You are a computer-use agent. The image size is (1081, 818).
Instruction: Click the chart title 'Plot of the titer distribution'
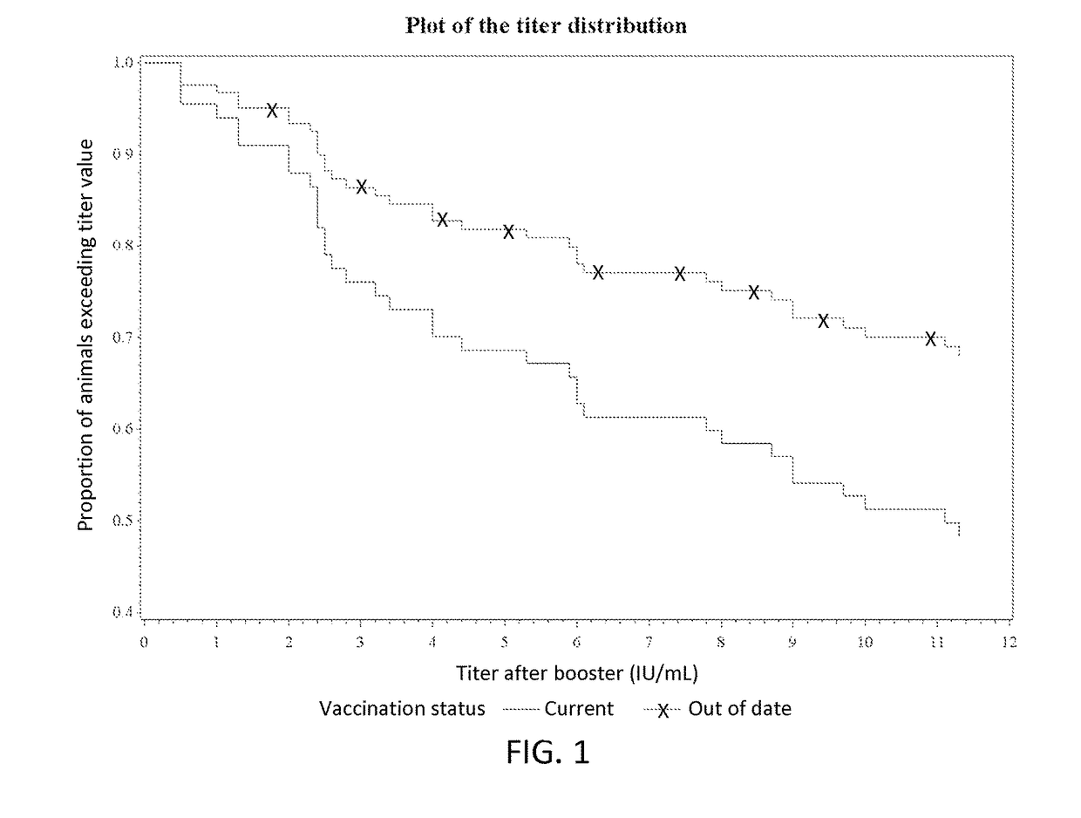point(546,25)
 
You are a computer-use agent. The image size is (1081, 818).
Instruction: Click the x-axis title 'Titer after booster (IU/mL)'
point(576,673)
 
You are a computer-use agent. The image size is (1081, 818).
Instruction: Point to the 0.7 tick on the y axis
point(123,337)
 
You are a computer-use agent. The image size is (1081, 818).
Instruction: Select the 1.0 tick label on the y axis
point(123,63)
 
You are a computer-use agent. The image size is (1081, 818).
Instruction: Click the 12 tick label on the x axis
point(1010,644)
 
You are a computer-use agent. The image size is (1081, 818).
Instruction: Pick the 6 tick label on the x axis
point(577,644)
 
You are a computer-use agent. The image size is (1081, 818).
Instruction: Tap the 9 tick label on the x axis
point(793,644)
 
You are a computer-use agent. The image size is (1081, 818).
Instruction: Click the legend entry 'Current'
point(579,709)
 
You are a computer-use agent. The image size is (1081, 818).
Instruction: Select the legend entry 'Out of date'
point(739,709)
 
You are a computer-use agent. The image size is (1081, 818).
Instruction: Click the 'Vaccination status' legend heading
point(402,709)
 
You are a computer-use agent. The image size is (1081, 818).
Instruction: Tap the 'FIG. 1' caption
point(547,752)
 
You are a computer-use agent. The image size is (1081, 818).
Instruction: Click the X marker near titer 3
point(361,187)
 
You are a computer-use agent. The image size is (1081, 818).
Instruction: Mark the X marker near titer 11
point(930,338)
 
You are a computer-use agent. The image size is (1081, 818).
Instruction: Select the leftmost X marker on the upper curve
point(272,110)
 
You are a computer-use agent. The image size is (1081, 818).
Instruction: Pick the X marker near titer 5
point(509,232)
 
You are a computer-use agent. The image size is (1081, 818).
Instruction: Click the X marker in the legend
point(663,711)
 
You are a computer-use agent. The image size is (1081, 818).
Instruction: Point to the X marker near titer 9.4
point(823,321)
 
